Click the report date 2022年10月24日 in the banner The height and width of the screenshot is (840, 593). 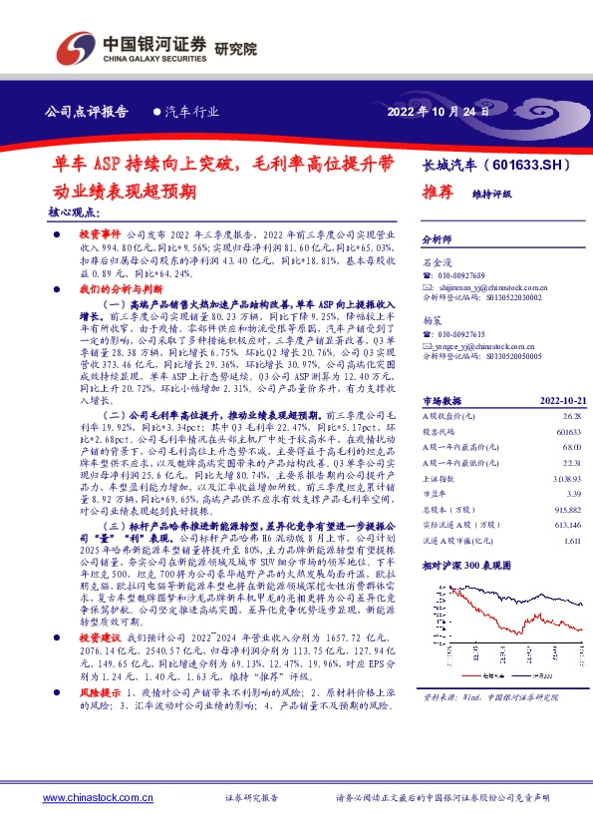tap(438, 112)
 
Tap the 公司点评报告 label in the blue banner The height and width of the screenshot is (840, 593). tap(88, 112)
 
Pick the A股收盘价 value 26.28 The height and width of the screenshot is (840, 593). tap(570, 443)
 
